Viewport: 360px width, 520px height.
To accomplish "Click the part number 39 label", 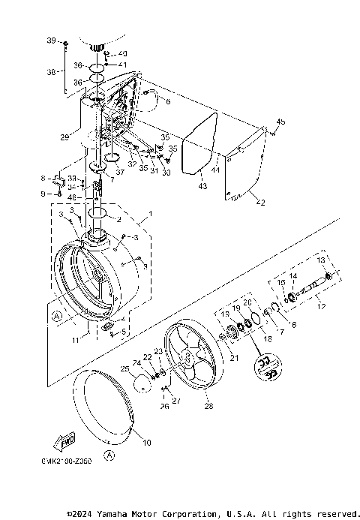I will (52, 39).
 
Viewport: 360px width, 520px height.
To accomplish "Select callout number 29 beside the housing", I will (65, 137).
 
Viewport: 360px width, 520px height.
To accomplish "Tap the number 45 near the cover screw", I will (281, 122).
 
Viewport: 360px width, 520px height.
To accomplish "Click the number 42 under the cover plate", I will (260, 203).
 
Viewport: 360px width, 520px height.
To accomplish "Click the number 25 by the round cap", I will (125, 370).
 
